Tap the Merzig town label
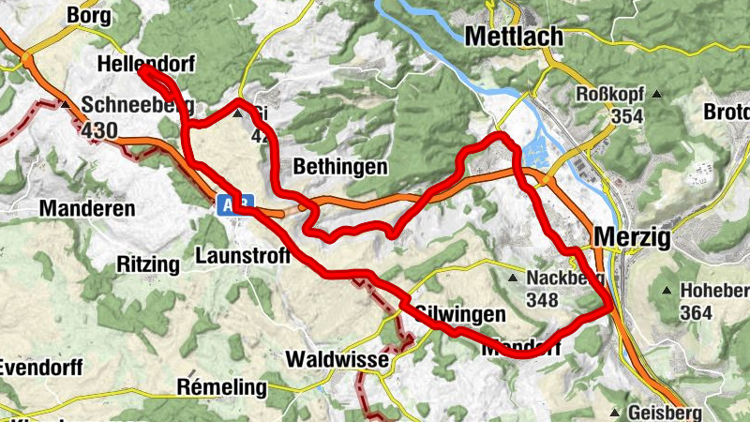[x=632, y=238]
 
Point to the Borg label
[x=89, y=16]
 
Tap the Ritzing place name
[x=147, y=264]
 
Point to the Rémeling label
[x=221, y=386]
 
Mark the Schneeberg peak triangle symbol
[x=65, y=104]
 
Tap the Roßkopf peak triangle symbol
[x=658, y=95]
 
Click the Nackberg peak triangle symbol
[x=512, y=279]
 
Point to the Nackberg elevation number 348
[x=542, y=300]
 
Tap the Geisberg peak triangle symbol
[x=615, y=413]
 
